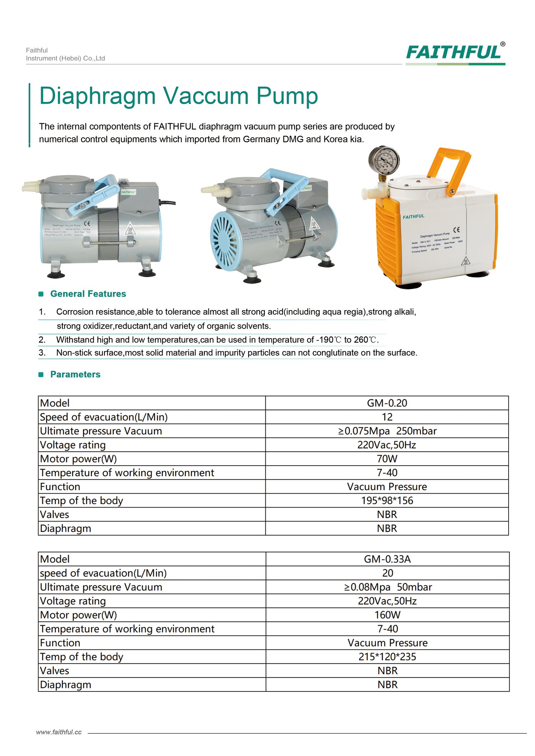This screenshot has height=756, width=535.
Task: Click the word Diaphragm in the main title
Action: (x=97, y=96)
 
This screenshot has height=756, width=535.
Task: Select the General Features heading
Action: (x=88, y=294)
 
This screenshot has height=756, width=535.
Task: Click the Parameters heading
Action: (x=75, y=374)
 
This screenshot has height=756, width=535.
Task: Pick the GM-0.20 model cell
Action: (x=387, y=403)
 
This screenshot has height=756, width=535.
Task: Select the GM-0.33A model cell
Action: (x=387, y=559)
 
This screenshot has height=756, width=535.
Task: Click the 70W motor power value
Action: (x=387, y=459)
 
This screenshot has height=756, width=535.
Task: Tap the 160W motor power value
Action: (x=387, y=615)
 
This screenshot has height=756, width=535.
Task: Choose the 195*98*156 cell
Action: (x=387, y=500)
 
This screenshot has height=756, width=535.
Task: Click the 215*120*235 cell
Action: (x=387, y=657)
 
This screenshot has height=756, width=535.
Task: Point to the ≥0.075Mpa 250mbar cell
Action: (x=387, y=431)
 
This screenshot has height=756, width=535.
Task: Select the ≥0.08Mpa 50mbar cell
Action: (x=387, y=587)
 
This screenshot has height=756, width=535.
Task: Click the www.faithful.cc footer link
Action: (x=59, y=732)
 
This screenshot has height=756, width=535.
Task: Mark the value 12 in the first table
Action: (x=387, y=417)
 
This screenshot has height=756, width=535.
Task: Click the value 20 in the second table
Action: (x=387, y=573)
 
